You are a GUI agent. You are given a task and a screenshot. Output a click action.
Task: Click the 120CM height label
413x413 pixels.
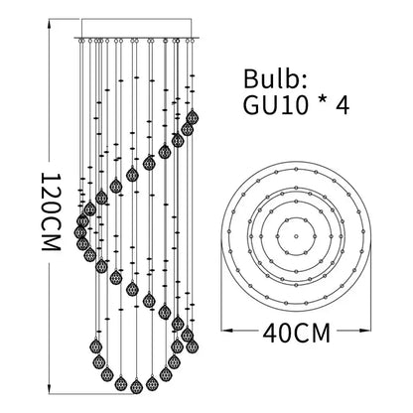tap(52, 211)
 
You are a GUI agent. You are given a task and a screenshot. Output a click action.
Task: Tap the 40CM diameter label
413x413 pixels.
tap(297, 333)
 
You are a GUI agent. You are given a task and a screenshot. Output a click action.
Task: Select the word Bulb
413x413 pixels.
tap(271, 79)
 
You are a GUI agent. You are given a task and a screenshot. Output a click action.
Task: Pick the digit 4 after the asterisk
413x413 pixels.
tap(343, 105)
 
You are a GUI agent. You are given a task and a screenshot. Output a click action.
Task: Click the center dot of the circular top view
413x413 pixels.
tap(296, 236)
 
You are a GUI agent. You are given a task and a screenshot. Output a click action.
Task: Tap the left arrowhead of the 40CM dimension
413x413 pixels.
tap(226, 330)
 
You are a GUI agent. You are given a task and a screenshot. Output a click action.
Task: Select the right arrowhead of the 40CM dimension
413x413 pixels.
tap(364, 330)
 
